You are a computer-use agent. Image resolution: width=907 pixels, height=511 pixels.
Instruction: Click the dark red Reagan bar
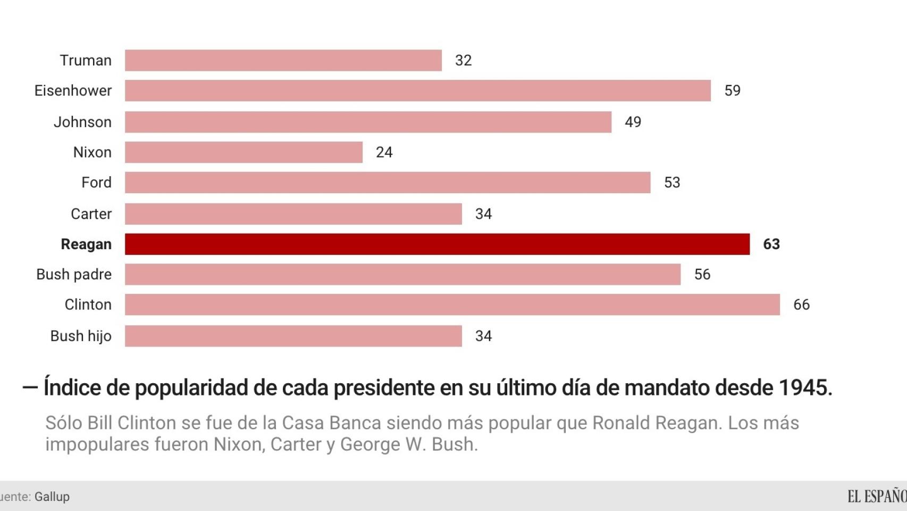point(437,244)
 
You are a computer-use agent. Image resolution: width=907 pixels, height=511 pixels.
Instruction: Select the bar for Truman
point(283,61)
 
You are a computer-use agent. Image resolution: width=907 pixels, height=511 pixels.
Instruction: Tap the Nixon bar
point(243,152)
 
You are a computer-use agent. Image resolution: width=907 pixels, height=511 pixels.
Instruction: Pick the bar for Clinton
point(452,304)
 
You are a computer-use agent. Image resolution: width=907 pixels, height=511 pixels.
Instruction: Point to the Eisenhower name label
point(73,91)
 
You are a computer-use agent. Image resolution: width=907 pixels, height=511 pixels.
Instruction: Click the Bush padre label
point(74,275)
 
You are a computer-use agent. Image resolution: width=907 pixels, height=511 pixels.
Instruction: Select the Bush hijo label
point(81,336)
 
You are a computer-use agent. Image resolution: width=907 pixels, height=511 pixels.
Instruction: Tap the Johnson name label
point(82,122)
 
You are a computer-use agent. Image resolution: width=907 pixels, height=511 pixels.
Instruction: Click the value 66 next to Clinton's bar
point(801,304)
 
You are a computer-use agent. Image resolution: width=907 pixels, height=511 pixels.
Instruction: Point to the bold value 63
point(771,244)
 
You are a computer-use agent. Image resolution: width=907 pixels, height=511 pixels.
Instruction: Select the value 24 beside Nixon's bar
point(384,152)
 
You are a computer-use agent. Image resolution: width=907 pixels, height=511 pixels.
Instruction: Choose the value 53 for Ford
point(672,183)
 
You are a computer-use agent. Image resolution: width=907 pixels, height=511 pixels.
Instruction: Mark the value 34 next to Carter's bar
point(483,214)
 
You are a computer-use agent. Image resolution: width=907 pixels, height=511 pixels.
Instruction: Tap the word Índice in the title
point(72,388)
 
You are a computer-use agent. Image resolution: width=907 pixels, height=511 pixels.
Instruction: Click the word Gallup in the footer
point(52,497)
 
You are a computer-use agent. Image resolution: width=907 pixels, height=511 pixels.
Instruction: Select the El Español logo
point(877,496)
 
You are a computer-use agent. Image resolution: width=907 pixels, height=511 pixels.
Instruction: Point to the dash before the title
point(30,388)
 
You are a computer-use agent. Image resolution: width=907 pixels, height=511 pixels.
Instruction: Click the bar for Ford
point(388,183)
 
